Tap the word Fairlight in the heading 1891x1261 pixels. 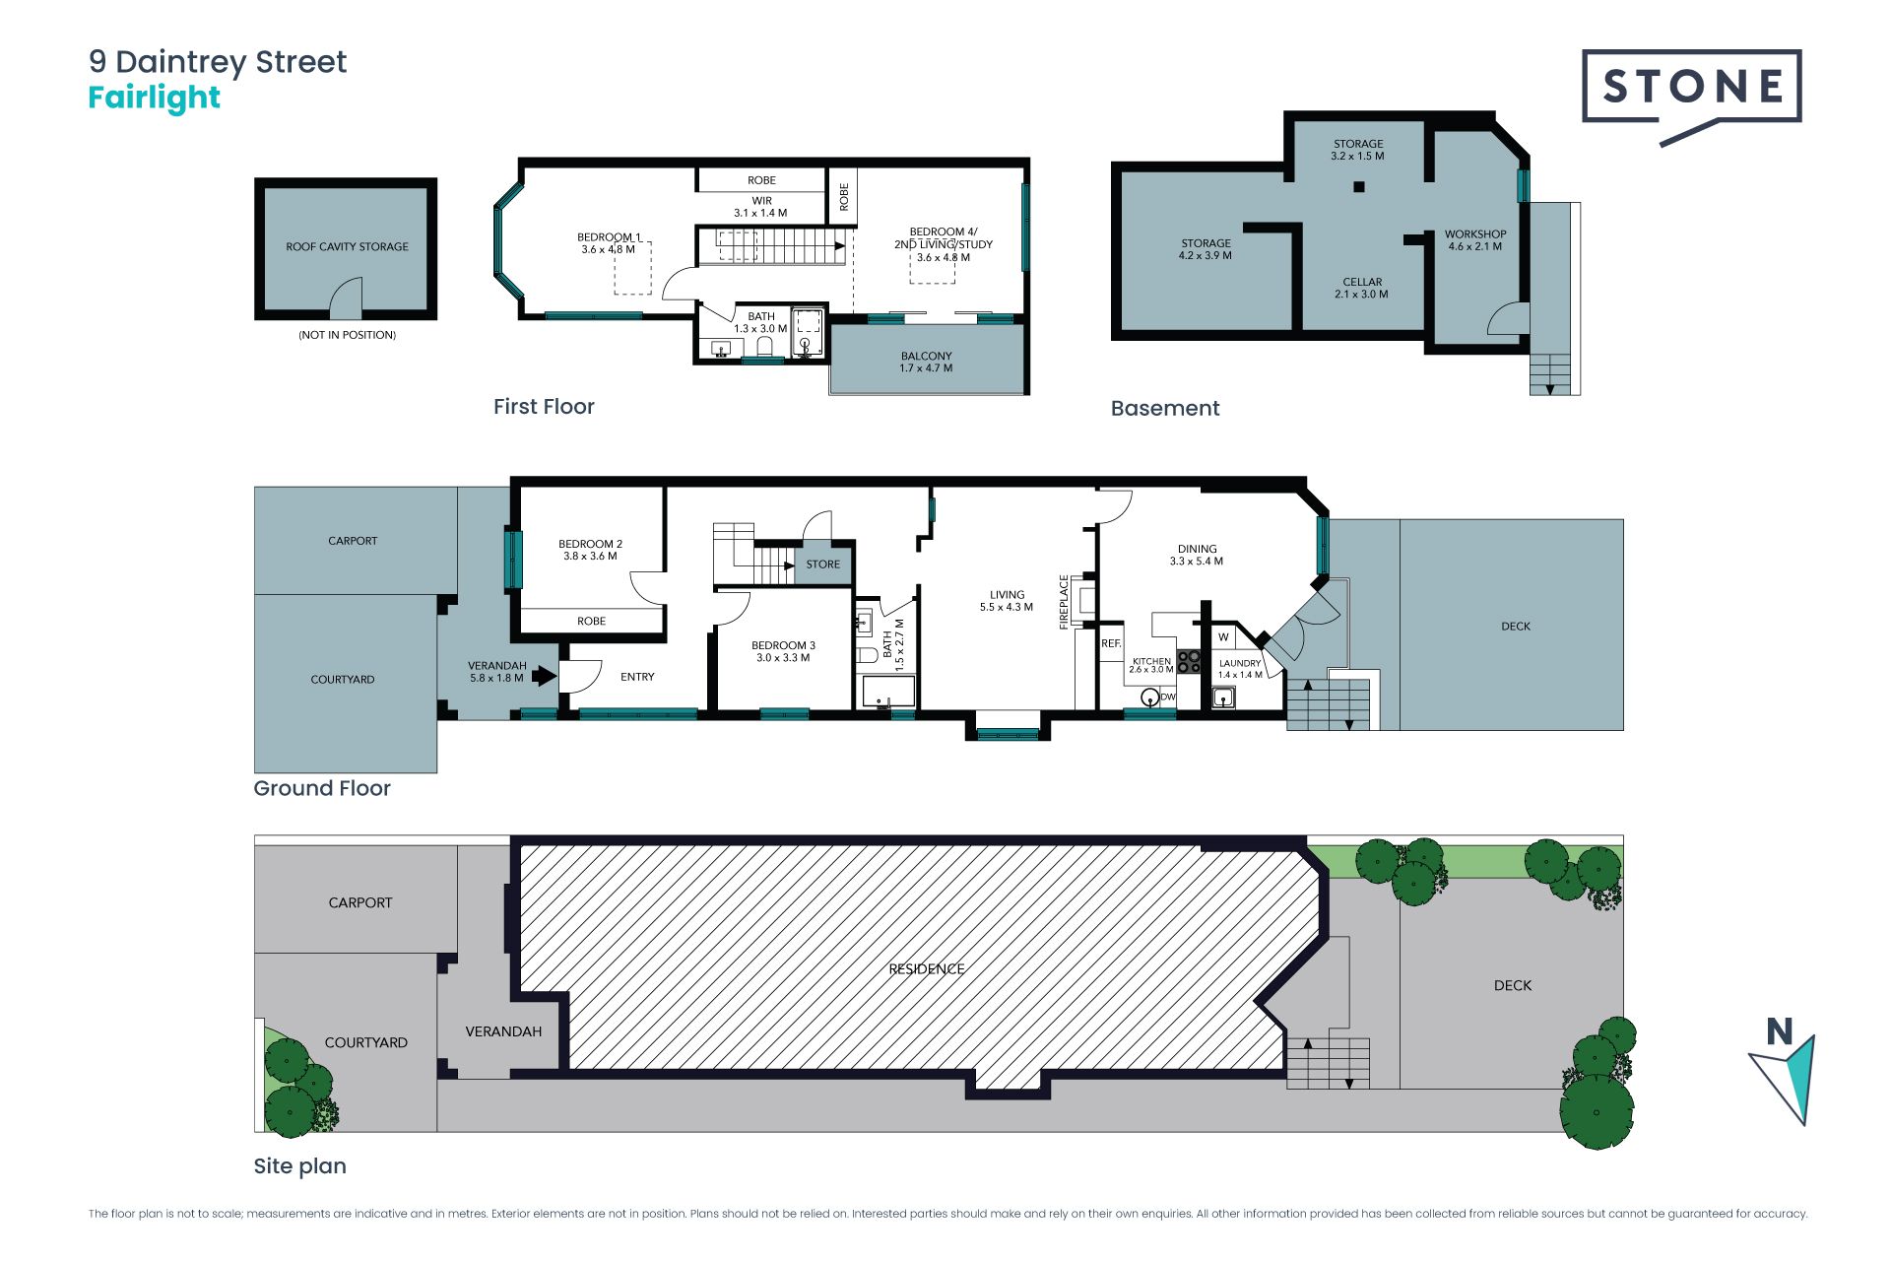point(155,98)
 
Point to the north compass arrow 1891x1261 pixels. point(1785,1078)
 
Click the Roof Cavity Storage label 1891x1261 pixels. point(347,246)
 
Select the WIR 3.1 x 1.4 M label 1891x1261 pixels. point(761,207)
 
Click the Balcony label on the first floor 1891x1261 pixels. point(926,362)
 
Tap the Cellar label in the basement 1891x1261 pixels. point(1362,288)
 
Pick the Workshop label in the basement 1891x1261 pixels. point(1475,240)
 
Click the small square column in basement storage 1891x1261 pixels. point(1359,186)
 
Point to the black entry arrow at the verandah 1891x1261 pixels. point(544,676)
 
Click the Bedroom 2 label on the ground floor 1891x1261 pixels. point(590,550)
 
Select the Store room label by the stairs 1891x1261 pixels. point(823,564)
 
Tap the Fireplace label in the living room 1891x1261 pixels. point(1064,601)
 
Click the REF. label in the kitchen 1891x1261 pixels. point(1111,643)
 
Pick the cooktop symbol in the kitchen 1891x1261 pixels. point(1190,662)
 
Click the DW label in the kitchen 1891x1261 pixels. point(1168,697)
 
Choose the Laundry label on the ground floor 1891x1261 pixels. point(1240,669)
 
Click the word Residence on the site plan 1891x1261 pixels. point(927,968)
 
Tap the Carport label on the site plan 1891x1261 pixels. point(360,902)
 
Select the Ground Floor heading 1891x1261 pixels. point(322,788)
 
